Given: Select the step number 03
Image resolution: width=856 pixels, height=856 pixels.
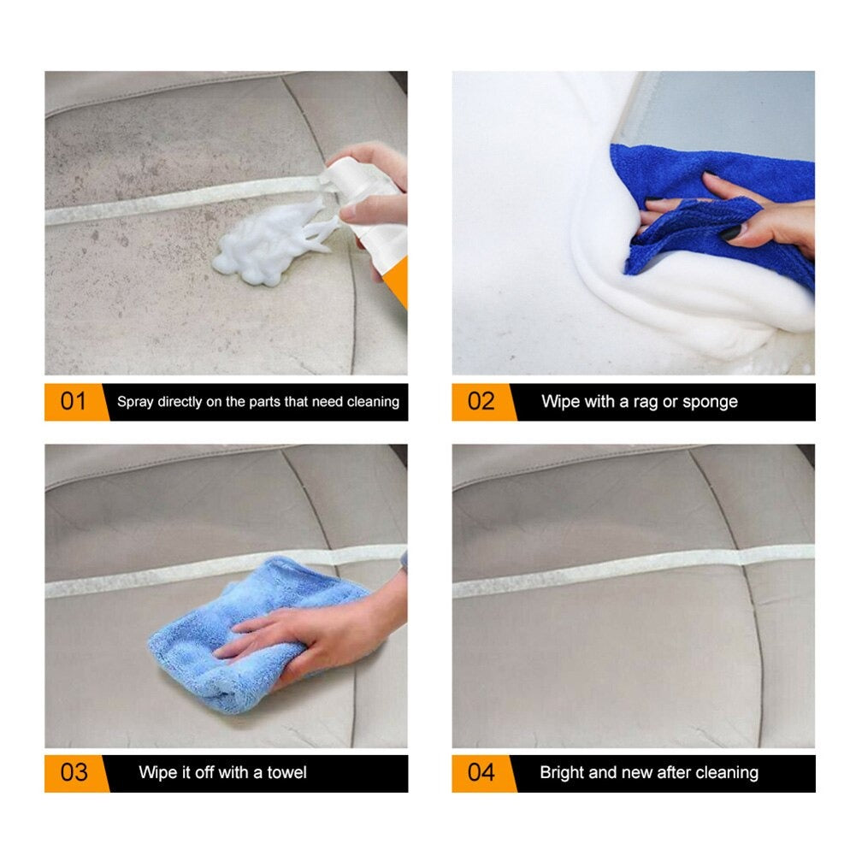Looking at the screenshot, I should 74,773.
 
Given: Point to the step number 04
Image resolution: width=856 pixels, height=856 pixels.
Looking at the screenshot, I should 481,773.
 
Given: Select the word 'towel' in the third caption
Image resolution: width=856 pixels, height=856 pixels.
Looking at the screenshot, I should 283,773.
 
